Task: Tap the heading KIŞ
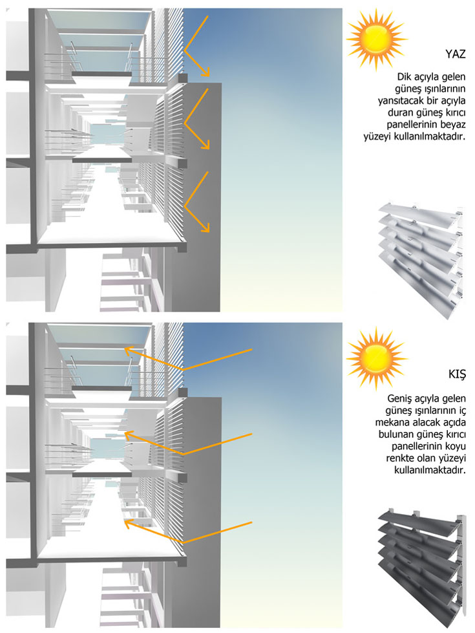(456, 374)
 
